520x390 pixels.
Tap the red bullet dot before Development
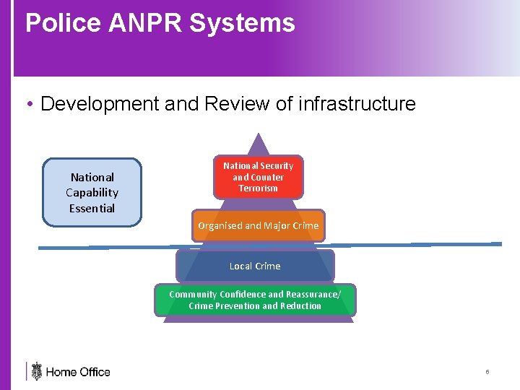pos(29,105)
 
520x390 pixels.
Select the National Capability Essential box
pos(92,192)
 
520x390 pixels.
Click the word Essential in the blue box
pos(92,209)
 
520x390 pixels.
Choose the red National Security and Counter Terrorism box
pos(258,177)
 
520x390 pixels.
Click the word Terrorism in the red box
pos(258,188)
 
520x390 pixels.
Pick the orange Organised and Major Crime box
pos(258,225)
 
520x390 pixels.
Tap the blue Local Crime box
pos(255,266)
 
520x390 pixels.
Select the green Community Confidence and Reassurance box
pos(255,300)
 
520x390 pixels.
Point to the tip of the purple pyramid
pos(258,135)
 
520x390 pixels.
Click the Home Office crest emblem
pos(37,371)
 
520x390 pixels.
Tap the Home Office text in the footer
pos(78,372)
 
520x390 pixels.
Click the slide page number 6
pos(487,372)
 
